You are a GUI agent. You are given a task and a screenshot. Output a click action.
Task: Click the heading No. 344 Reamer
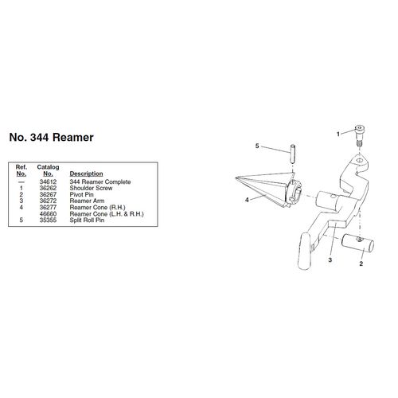click(51, 138)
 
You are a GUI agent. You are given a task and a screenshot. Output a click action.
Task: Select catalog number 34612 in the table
click(48, 181)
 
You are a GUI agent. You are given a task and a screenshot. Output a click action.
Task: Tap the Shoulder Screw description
click(91, 188)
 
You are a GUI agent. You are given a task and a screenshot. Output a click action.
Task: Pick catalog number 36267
click(48, 194)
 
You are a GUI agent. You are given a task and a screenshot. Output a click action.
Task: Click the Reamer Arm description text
click(87, 201)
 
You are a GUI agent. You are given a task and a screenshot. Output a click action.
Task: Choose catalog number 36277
click(48, 207)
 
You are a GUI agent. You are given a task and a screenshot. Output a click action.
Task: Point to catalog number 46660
click(48, 213)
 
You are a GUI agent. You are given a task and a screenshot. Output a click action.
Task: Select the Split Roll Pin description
click(87, 220)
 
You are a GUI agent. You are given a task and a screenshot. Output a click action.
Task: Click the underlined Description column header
click(86, 174)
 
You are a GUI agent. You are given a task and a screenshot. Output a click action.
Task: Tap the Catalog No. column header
click(48, 170)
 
